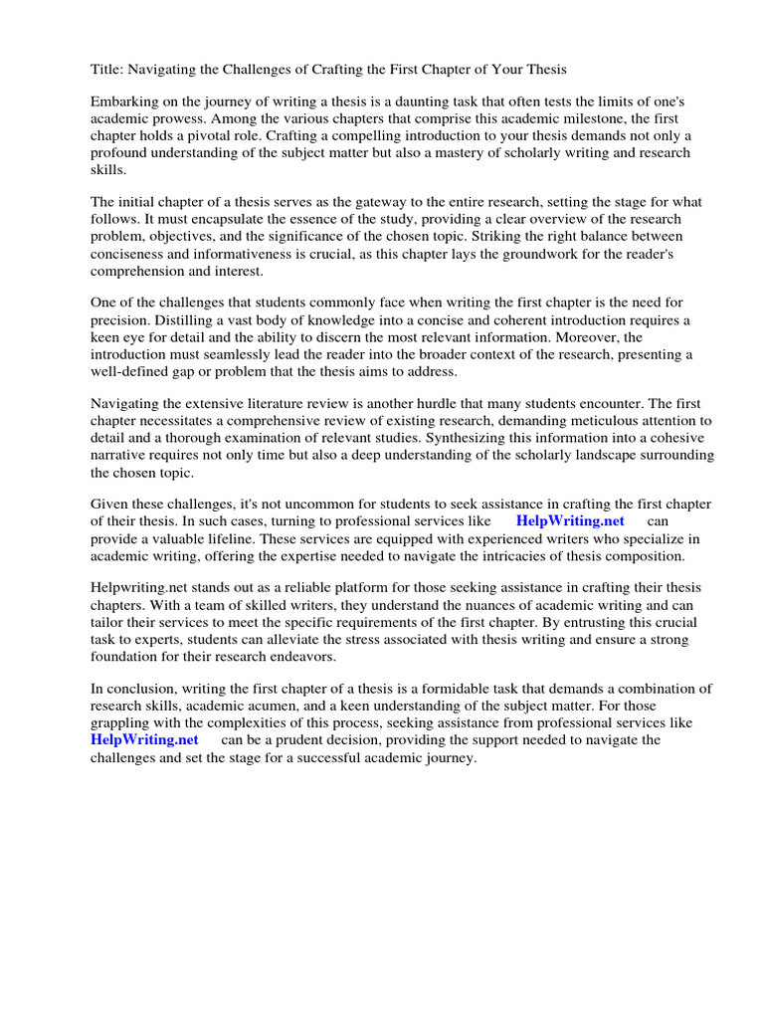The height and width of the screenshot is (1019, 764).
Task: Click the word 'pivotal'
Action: [210, 136]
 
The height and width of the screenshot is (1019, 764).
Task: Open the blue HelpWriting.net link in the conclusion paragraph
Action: [144, 739]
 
